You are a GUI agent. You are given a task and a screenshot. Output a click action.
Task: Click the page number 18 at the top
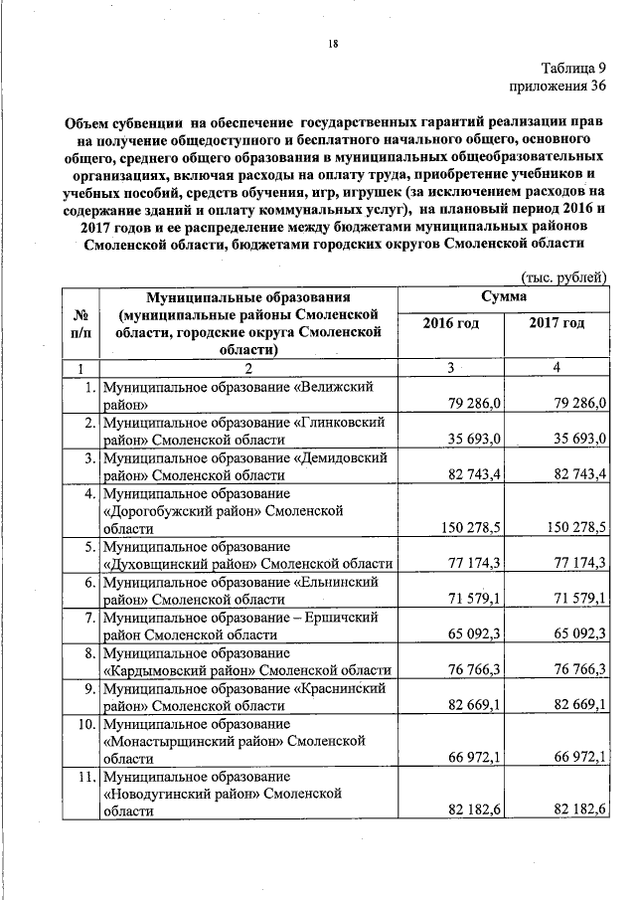pos(334,43)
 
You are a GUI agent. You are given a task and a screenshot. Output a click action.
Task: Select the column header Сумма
pos(504,296)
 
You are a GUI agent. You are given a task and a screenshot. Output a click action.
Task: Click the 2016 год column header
pos(450,324)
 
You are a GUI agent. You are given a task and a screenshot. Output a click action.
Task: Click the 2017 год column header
pos(556,324)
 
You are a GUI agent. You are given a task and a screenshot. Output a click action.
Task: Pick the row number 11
pos(85,776)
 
